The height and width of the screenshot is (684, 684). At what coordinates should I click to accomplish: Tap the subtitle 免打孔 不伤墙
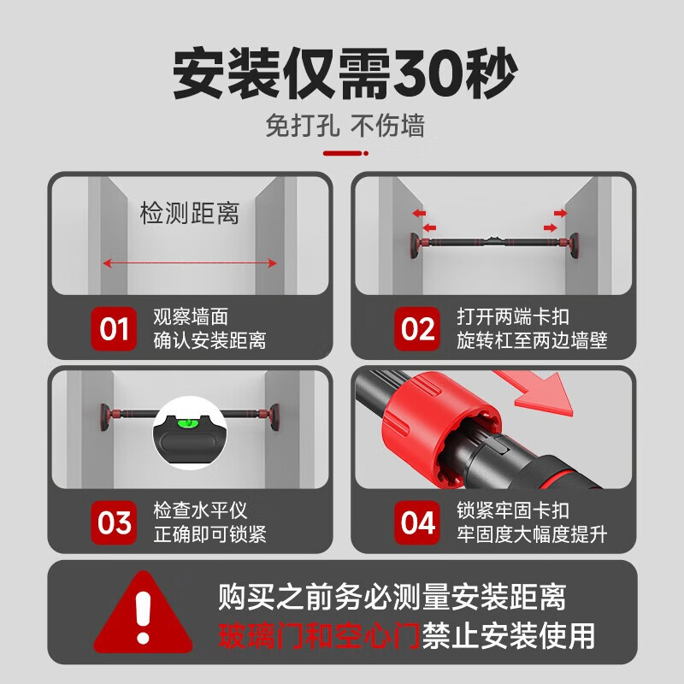tap(344, 127)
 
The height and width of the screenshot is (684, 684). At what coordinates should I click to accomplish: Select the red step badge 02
tap(416, 328)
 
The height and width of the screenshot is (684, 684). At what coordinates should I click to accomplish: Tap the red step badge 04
tap(416, 522)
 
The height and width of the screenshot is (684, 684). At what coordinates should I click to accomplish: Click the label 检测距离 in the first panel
tap(189, 213)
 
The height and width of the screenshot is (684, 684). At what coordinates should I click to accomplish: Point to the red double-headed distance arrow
tap(189, 263)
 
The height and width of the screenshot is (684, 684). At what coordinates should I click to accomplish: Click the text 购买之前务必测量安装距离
tap(392, 595)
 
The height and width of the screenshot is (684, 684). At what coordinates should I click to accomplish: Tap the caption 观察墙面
tap(191, 317)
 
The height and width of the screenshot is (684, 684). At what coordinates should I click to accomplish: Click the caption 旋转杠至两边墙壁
tap(532, 340)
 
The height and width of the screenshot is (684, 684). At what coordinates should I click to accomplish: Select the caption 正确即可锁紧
tap(209, 534)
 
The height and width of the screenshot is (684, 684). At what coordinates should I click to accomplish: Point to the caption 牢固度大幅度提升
tap(532, 534)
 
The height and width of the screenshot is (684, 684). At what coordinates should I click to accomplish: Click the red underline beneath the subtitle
tap(344, 154)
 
